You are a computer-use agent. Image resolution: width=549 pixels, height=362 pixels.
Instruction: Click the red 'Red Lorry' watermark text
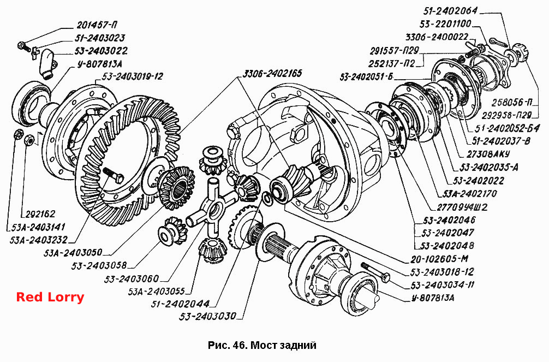[50, 297]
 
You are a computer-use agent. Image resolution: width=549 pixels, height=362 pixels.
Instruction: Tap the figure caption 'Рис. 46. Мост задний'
[262, 345]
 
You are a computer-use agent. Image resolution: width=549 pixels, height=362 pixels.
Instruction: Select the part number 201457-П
[97, 25]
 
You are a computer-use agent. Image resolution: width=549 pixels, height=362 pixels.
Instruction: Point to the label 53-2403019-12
[133, 76]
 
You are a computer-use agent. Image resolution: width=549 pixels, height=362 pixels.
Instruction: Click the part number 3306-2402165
[272, 74]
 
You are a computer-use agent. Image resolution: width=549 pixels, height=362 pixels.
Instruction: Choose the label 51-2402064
[450, 11]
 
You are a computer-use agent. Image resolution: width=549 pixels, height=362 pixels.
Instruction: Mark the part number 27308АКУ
[488, 154]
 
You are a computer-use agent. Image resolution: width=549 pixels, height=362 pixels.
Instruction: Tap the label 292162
[40, 214]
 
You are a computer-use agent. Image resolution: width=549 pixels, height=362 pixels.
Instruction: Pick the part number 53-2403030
[207, 316]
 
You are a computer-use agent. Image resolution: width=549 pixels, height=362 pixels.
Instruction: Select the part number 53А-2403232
[38, 240]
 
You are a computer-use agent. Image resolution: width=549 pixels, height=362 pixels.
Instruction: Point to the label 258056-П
[512, 102]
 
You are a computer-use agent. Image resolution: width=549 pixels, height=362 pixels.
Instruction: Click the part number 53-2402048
[447, 245]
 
